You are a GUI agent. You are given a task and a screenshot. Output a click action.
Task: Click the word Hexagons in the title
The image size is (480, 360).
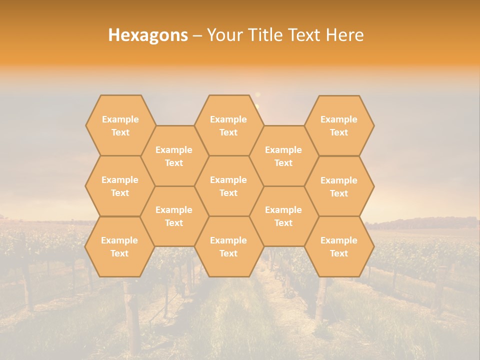[148, 35]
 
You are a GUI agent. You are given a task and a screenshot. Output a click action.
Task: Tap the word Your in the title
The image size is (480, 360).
[223, 35]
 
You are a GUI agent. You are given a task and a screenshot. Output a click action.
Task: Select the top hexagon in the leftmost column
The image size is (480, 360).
[120, 125]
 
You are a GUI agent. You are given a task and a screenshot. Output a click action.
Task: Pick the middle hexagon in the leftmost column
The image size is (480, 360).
[120, 186]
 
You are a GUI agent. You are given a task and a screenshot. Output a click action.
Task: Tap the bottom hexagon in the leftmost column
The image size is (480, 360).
[119, 246]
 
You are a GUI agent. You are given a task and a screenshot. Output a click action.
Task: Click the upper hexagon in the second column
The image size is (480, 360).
[174, 156]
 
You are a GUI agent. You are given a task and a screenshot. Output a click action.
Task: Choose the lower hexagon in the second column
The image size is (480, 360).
[174, 216]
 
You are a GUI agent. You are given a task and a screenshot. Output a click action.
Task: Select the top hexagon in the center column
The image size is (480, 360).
[228, 125]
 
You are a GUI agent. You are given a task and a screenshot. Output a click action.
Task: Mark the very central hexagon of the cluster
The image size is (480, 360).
[228, 186]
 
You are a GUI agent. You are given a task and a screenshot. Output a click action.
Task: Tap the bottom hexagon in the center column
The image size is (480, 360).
[228, 246]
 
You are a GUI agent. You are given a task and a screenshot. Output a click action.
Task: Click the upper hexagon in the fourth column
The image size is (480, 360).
[283, 156]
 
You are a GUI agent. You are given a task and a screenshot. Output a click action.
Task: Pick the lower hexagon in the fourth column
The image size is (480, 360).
[283, 216]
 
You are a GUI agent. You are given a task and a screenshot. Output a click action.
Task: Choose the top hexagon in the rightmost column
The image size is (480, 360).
[339, 125]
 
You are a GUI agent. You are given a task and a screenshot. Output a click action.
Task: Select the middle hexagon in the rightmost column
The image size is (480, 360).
[339, 186]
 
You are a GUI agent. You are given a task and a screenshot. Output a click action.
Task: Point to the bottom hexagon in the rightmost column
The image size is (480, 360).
[339, 246]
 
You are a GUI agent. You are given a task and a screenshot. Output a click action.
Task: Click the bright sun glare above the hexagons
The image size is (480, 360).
[257, 95]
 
